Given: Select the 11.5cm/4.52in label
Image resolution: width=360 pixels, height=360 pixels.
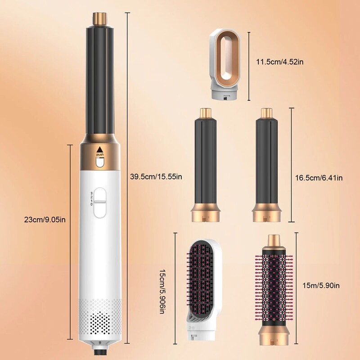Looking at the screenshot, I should click(x=277, y=61).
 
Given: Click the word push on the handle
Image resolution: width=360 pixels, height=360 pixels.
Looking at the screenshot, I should click(x=99, y=155).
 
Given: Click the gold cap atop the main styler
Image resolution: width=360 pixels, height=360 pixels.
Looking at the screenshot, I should click(x=100, y=19).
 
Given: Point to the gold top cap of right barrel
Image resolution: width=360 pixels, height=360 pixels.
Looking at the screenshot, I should click(x=267, y=112).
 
